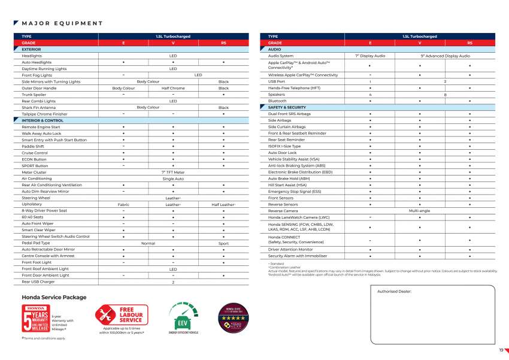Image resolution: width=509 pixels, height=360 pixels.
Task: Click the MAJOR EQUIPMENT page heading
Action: pos(62,23)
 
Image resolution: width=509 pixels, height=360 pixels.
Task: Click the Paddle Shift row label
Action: pos(33,146)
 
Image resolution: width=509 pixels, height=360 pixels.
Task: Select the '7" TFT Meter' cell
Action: pos(173,172)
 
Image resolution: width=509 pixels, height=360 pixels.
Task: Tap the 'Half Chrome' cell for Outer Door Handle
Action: pos(173,88)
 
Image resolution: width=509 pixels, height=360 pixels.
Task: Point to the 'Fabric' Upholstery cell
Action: pos(123,204)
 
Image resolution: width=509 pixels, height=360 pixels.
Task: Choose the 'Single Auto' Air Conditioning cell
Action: pos(173,179)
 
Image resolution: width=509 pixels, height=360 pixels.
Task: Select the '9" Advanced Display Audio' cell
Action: pos(445,56)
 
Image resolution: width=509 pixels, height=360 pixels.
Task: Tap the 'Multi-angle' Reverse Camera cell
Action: pos(420,211)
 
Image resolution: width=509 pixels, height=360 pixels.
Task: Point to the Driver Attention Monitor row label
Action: pos(290,249)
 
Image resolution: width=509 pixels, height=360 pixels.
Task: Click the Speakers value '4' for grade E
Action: pos(370,95)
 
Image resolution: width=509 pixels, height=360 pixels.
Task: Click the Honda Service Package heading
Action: pos(54,298)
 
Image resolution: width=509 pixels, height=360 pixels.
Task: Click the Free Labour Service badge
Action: pos(122,315)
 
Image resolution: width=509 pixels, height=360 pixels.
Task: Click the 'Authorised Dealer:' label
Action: pos(398,292)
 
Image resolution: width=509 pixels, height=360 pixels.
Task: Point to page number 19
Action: pos(501,350)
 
